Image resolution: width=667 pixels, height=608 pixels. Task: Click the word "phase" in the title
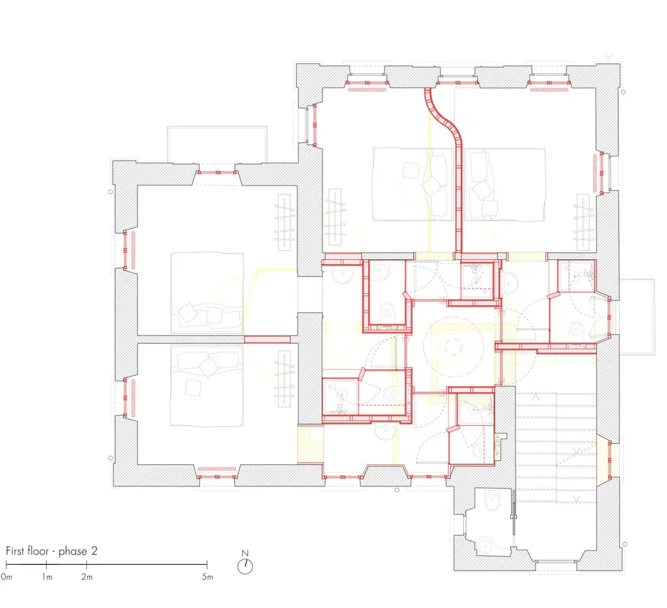pyautogui.click(x=73, y=552)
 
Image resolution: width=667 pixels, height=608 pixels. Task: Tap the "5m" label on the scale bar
pyautogui.click(x=207, y=577)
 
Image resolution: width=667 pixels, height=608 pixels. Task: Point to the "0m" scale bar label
pyautogui.click(x=6, y=577)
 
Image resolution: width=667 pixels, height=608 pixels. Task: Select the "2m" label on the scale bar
pyautogui.click(x=87, y=577)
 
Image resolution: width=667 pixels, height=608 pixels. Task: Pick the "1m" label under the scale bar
pyautogui.click(x=47, y=577)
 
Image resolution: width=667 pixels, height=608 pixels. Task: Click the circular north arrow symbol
pyautogui.click(x=245, y=566)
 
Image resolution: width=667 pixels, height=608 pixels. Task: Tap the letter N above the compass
pyautogui.click(x=245, y=553)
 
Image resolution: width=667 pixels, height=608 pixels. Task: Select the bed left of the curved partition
pyautogui.click(x=413, y=184)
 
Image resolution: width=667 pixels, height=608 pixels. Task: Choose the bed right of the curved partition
pyautogui.click(x=505, y=184)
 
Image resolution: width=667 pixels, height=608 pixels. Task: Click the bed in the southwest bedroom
pyautogui.click(x=207, y=385)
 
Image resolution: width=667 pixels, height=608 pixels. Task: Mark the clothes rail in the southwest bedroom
pyautogui.click(x=285, y=378)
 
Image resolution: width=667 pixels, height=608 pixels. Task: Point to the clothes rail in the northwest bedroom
pyautogui.click(x=285, y=222)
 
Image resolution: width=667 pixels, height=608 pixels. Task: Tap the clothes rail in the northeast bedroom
pyautogui.click(x=583, y=222)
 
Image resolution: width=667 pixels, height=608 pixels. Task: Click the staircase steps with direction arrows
pyautogui.click(x=556, y=447)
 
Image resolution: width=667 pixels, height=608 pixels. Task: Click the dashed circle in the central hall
pyautogui.click(x=454, y=347)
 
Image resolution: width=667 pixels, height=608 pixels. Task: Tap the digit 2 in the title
pyautogui.click(x=94, y=551)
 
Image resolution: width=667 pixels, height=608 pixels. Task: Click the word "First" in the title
pyautogui.click(x=15, y=551)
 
